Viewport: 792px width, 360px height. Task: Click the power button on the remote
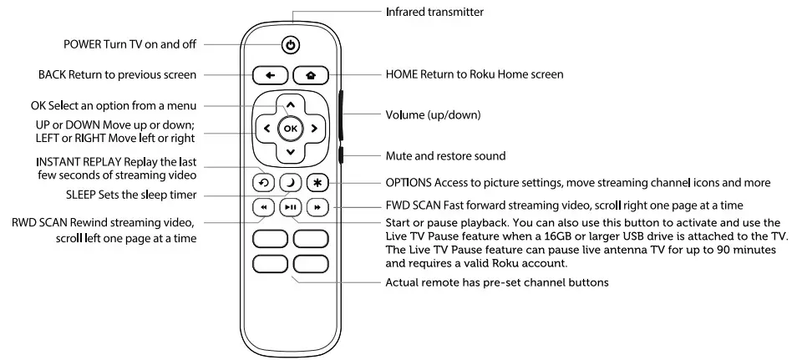pyautogui.click(x=290, y=45)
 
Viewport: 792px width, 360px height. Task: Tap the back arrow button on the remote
pyautogui.click(x=270, y=75)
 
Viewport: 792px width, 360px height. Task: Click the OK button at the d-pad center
pyautogui.click(x=290, y=129)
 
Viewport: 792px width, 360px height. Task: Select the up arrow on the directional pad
pyautogui.click(x=290, y=105)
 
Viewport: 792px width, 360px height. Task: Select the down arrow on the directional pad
pyautogui.click(x=290, y=152)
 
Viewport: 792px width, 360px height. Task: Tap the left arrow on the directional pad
pyautogui.click(x=266, y=129)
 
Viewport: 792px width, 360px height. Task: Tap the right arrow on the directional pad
pyautogui.click(x=314, y=129)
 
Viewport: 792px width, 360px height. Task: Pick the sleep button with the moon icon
pyautogui.click(x=289, y=182)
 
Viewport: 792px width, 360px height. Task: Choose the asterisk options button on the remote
pyautogui.click(x=317, y=182)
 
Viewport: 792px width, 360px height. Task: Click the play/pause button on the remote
pyautogui.click(x=289, y=208)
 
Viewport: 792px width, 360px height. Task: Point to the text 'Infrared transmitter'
pyautogui.click(x=434, y=13)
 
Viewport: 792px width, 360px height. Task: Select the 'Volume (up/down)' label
pyautogui.click(x=432, y=114)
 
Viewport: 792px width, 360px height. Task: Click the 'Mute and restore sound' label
pyautogui.click(x=445, y=155)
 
